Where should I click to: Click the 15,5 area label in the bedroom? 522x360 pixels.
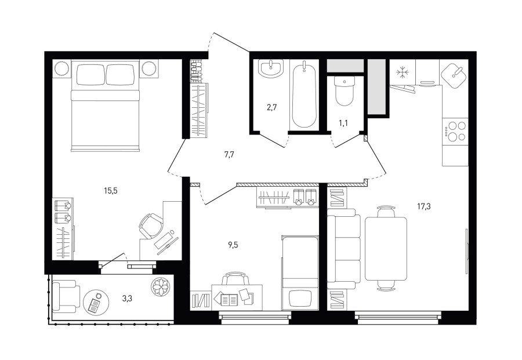click(111, 191)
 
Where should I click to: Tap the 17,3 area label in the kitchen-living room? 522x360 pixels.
click(424, 206)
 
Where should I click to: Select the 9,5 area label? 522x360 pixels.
click(233, 245)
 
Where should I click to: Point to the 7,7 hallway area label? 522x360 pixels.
click(229, 154)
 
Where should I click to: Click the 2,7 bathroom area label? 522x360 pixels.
click(272, 107)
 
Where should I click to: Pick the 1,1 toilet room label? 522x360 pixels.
click(343, 123)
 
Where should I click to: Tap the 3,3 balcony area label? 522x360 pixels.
click(127, 299)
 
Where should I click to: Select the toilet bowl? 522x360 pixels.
click(344, 91)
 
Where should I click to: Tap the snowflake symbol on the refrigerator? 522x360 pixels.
click(402, 72)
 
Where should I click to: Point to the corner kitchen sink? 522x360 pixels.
click(455, 74)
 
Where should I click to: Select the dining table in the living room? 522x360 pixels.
click(386, 249)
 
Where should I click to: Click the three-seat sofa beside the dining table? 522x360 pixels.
click(344, 249)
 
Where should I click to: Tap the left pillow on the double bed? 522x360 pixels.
click(90, 74)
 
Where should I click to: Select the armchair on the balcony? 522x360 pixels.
click(66, 296)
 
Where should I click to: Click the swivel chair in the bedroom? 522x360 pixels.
click(150, 226)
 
